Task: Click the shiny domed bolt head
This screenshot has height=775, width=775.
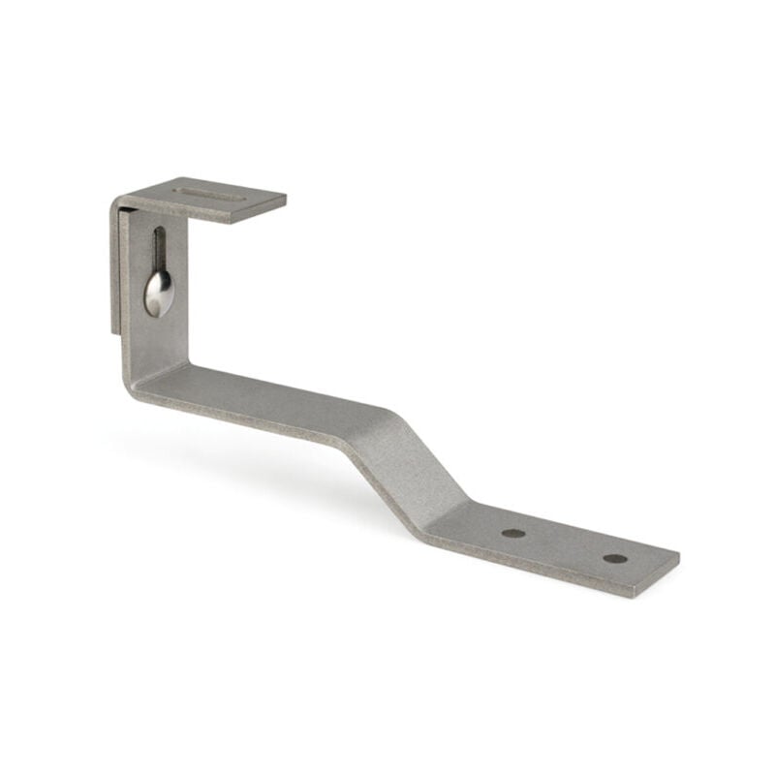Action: pos(159,291)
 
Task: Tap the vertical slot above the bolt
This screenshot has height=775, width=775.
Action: pos(159,247)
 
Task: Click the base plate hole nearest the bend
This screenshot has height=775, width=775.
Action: pos(513,533)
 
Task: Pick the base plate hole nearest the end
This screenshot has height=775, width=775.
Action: pos(614,558)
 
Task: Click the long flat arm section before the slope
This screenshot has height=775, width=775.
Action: pos(271,402)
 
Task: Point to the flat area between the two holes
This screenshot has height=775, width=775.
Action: pos(564,545)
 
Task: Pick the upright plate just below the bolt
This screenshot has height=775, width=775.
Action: pos(158,334)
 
